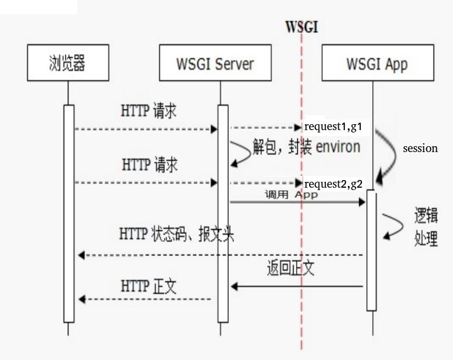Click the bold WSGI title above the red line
[x=301, y=27]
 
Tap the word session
[x=420, y=149]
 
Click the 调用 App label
[x=291, y=194]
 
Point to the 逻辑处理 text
[x=426, y=227]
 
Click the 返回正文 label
[x=291, y=269]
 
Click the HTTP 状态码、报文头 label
[x=177, y=234]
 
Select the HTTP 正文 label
[x=149, y=286]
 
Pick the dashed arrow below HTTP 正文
[x=145, y=299]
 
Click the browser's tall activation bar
[x=69, y=214]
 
